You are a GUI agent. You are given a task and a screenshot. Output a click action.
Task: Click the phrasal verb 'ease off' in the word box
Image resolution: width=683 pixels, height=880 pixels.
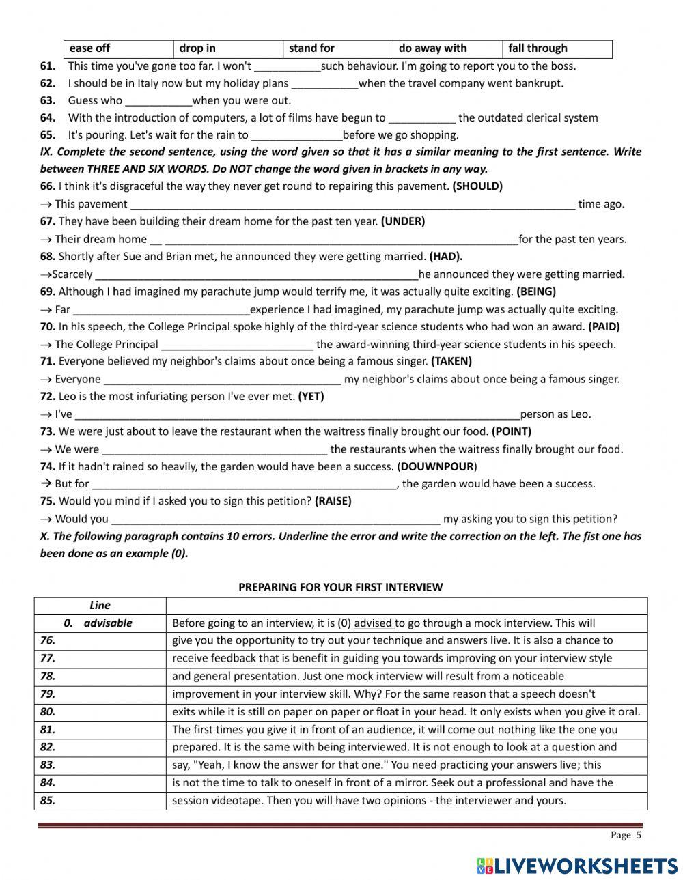pos(89,48)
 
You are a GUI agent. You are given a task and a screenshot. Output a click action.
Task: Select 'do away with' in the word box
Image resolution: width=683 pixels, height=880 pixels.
pos(432,48)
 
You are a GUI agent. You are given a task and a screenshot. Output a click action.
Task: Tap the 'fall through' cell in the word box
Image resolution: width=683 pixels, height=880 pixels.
pos(538,48)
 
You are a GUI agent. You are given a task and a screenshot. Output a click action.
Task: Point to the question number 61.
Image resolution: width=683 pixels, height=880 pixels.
pos(48,66)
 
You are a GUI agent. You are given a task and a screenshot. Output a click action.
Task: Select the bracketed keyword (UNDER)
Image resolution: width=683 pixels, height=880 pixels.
pos(403,221)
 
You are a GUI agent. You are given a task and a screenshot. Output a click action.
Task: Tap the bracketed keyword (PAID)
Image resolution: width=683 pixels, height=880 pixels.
pos(604,326)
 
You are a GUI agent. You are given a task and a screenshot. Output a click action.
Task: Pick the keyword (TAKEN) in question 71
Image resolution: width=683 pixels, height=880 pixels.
pos(451,361)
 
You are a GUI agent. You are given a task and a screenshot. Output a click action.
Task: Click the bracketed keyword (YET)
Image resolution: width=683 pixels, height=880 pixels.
pos(311,396)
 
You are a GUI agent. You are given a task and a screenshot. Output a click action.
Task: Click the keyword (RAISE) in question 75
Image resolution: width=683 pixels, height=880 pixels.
pos(333,501)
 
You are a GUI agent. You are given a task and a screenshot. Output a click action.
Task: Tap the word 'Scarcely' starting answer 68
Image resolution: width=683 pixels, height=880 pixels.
pos(72,274)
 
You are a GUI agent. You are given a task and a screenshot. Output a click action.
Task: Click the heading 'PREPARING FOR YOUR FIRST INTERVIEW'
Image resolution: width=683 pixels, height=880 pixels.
pos(340,587)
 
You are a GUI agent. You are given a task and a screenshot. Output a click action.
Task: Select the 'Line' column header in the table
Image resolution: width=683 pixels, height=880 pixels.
pos(100,605)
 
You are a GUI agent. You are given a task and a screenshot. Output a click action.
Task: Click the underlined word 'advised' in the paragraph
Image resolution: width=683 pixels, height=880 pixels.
pos(373,623)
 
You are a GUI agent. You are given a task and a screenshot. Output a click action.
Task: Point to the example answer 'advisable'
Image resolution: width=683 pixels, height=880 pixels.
pos(108,623)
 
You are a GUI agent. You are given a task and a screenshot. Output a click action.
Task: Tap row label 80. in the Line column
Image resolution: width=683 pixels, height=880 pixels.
pos(48,712)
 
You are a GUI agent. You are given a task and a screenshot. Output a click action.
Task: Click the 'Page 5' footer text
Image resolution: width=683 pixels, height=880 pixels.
pos(626,835)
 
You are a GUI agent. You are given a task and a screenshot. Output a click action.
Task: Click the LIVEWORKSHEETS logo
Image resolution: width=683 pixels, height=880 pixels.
pos(577,866)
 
